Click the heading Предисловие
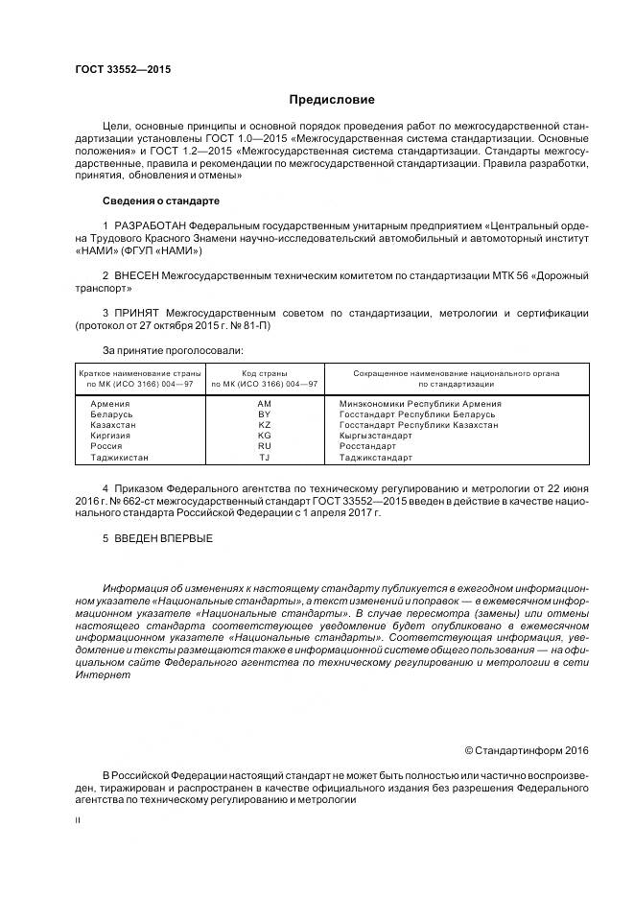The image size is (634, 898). point(332,100)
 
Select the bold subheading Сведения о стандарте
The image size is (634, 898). point(161,201)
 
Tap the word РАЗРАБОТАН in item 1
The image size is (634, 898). point(152,225)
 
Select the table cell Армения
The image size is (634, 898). point(111,404)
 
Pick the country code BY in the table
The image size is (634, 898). point(265,414)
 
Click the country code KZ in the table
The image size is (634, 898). point(265,424)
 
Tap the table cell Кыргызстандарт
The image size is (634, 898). point(376,435)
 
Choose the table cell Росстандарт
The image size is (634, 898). point(367,445)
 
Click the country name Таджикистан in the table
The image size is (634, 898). point(119,457)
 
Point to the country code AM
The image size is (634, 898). point(265,404)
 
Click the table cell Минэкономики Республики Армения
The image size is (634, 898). point(420,404)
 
